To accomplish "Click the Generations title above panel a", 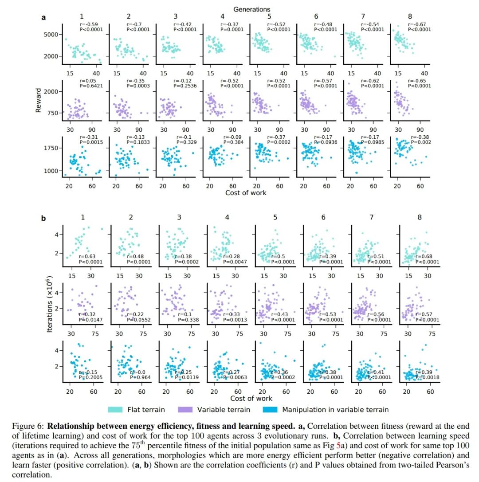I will click(x=251, y=9).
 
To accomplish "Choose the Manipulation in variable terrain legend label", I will click(x=335, y=409).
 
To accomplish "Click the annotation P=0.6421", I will click(x=91, y=86).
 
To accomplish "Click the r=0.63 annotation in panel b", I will click(x=86, y=256).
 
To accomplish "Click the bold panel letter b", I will click(x=43, y=218).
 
